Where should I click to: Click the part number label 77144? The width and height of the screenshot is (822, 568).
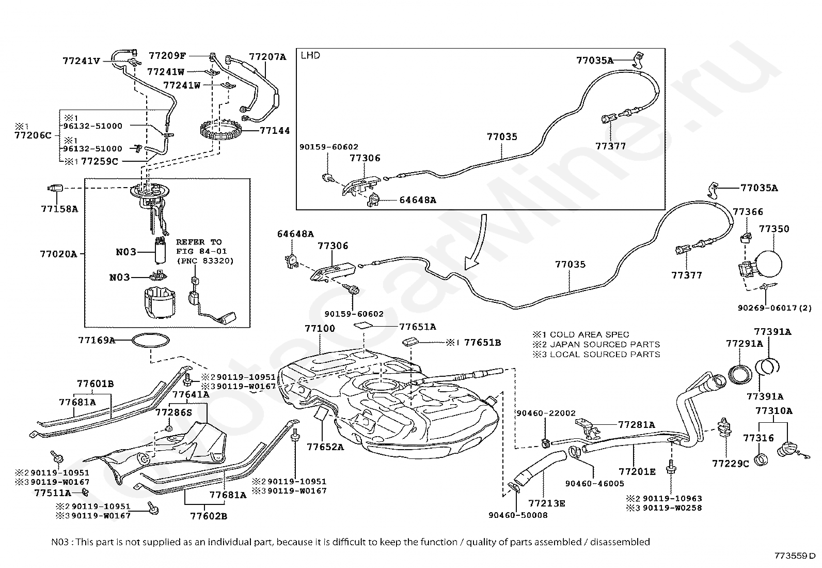[x=275, y=131]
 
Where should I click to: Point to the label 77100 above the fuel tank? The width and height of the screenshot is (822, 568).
[x=320, y=328]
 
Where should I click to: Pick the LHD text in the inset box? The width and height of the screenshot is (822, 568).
[x=310, y=55]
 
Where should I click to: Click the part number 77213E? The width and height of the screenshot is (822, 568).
[x=546, y=503]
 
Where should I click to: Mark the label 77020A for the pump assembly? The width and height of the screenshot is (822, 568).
[x=58, y=254]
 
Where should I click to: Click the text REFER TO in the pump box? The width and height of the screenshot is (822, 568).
[x=199, y=242]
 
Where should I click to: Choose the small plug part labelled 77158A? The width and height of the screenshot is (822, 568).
[x=55, y=188]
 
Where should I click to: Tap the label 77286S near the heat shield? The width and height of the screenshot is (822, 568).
[x=173, y=412]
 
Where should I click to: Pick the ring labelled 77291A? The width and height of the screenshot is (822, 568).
[x=740, y=373]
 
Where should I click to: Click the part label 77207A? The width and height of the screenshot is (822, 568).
[x=267, y=57]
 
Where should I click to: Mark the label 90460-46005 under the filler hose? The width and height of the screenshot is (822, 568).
[x=594, y=484]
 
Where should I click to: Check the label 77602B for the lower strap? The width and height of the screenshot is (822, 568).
[x=209, y=516]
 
